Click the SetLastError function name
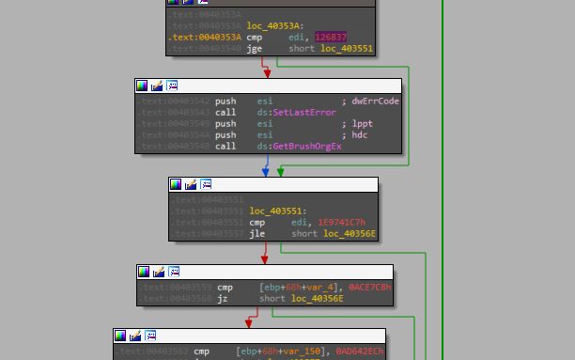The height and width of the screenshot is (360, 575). [x=303, y=113]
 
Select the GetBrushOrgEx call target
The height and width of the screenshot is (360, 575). [x=306, y=147]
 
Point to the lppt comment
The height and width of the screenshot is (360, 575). [x=362, y=124]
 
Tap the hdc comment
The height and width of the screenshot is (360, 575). [x=360, y=135]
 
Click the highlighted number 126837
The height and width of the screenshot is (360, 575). [x=330, y=37]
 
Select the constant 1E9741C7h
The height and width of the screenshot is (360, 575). [x=341, y=223]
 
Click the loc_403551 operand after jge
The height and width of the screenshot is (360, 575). [x=346, y=48]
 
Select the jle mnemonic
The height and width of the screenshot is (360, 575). [x=256, y=234]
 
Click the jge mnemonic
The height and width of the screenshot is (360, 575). [x=254, y=48]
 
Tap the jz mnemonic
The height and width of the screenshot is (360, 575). [x=223, y=299]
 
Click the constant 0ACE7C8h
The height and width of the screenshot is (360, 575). [x=369, y=288]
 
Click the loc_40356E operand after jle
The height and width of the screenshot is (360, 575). [x=350, y=234]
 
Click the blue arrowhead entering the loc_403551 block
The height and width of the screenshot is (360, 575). [x=265, y=173]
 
